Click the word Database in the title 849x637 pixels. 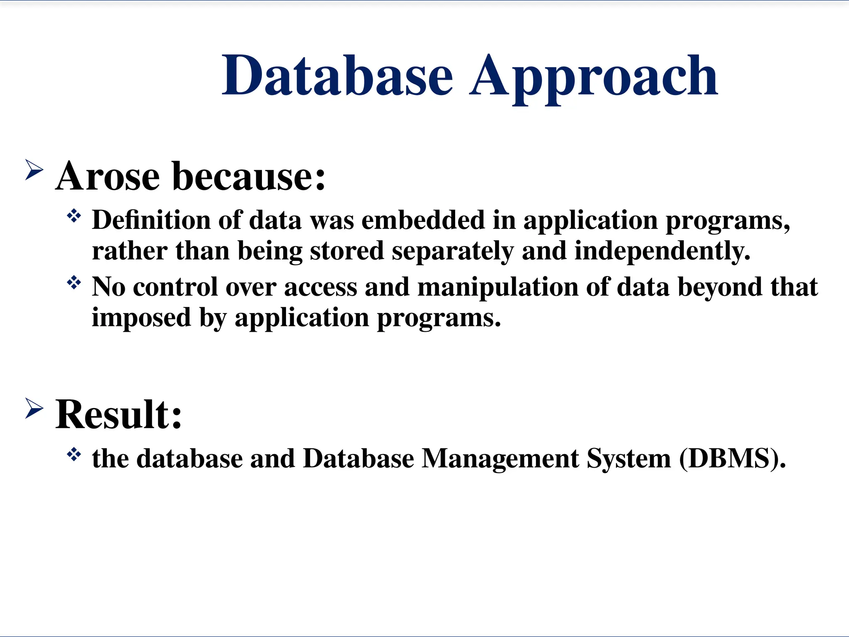[337, 75]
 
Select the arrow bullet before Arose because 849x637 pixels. [34, 170]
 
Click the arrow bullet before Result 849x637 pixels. [34, 408]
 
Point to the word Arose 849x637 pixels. [107, 176]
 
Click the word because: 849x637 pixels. [249, 176]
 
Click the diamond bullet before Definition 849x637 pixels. [74, 216]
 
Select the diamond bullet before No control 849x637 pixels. [74, 283]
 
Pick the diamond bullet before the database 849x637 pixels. [74, 455]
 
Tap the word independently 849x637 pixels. [662, 251]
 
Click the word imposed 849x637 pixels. [141, 318]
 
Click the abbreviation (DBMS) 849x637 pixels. [732, 459]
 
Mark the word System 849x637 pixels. [628, 459]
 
